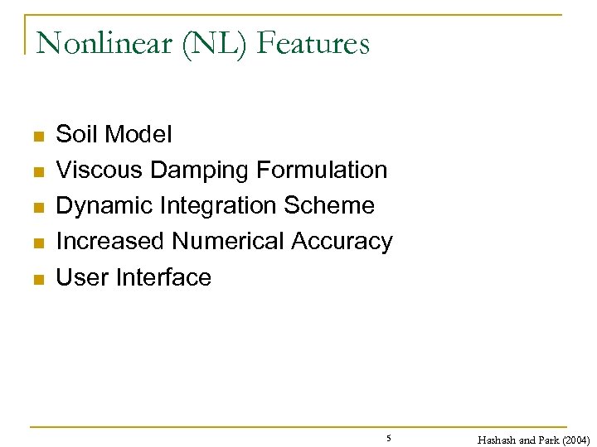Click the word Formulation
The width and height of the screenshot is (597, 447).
coord(322,170)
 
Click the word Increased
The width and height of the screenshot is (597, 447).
coord(110,242)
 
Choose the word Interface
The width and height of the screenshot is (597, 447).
coord(164,277)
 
